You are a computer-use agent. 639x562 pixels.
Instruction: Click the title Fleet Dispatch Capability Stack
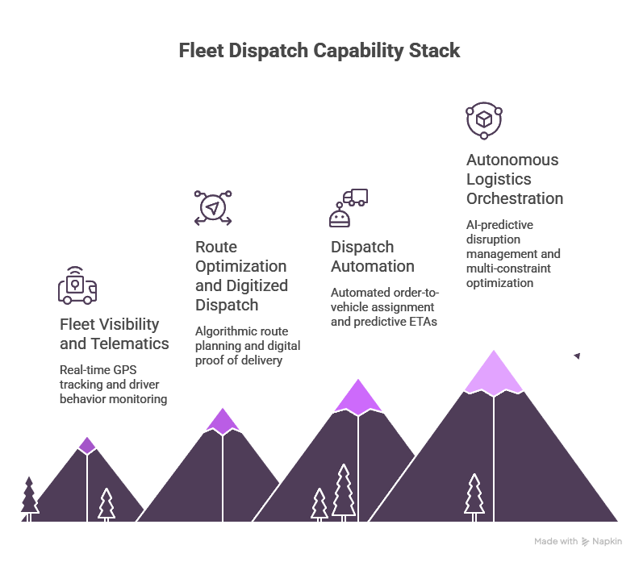[x=319, y=51]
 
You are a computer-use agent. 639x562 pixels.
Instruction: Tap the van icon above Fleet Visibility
[x=77, y=285]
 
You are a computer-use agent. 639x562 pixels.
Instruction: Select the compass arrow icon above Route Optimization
[x=213, y=208]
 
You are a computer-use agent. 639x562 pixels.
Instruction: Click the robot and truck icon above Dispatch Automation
[x=348, y=208]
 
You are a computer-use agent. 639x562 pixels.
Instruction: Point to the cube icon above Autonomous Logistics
[x=484, y=120]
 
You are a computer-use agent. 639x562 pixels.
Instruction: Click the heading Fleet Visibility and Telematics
[x=115, y=334]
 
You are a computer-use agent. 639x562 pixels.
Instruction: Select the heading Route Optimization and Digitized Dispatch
[x=241, y=276]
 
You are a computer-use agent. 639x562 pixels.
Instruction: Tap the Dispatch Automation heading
[x=373, y=256]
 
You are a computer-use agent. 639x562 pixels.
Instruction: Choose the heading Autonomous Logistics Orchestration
[x=515, y=179]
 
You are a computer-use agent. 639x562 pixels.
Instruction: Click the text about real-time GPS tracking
[x=113, y=384]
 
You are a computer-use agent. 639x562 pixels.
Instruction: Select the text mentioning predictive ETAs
[x=382, y=306]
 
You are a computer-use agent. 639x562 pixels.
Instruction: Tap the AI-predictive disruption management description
[x=513, y=254]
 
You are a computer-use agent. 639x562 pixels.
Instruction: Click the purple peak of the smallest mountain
[x=87, y=445]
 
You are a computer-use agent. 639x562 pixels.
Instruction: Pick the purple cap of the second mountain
[x=223, y=420]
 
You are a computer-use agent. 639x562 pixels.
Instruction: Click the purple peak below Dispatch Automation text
[x=358, y=397]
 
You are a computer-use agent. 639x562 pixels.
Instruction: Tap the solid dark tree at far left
[x=30, y=497]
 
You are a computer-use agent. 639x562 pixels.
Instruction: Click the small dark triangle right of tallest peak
[x=577, y=356]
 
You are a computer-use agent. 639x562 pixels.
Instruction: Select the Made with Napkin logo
[x=578, y=541]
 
